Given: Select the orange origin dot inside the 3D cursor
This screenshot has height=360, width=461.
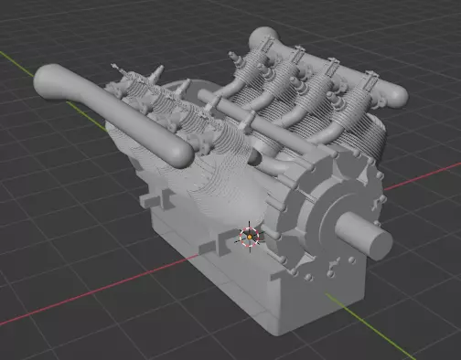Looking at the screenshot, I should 250,238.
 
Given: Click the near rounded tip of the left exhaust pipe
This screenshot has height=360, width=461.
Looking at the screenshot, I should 182,153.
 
